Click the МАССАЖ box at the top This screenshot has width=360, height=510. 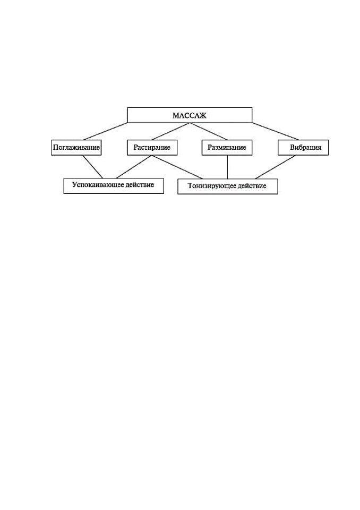(x=190, y=115)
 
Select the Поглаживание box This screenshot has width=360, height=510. (x=76, y=147)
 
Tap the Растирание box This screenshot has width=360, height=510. (x=152, y=147)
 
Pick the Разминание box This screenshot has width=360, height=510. (x=227, y=147)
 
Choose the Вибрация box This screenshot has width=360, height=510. (x=303, y=147)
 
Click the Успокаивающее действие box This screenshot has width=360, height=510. (x=114, y=186)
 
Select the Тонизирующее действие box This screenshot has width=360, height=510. (x=228, y=186)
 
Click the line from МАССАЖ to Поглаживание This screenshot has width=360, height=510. (x=106, y=131)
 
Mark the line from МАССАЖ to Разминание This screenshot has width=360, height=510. (x=208, y=131)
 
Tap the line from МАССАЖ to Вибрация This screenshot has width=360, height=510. (x=276, y=131)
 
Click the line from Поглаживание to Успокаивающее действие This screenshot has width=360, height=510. (x=93, y=166)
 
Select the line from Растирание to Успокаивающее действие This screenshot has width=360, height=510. (x=134, y=166)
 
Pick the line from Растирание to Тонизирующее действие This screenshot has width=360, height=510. (x=177, y=167)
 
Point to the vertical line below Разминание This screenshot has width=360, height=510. (x=227, y=167)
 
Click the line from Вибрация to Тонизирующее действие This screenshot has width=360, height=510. (x=276, y=167)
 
